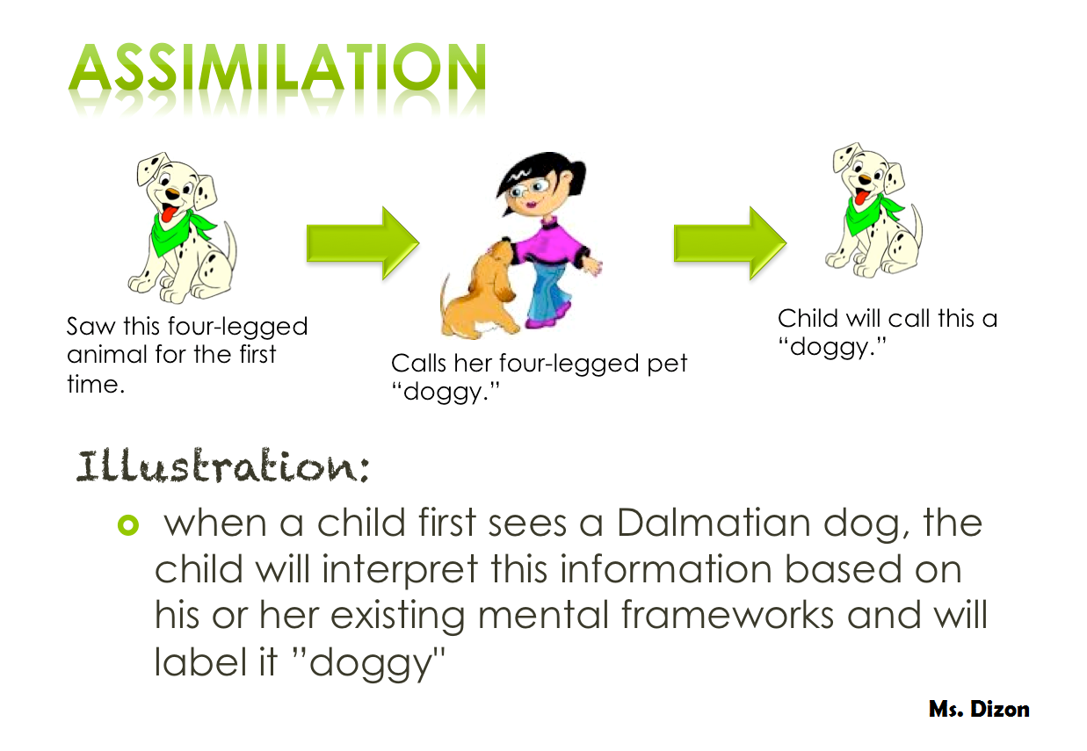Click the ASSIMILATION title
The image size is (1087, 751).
click(277, 68)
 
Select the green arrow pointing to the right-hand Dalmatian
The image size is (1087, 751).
click(730, 243)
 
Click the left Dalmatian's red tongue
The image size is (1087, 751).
click(169, 213)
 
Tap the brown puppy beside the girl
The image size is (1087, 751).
click(480, 290)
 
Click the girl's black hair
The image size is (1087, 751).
click(539, 175)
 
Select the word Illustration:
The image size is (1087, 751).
click(222, 466)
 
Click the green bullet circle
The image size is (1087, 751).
click(128, 525)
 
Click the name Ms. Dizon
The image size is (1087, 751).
click(979, 709)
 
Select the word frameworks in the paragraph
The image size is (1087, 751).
click(728, 615)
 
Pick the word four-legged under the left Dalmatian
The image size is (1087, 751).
click(238, 327)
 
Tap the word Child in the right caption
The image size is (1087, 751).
click(808, 319)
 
